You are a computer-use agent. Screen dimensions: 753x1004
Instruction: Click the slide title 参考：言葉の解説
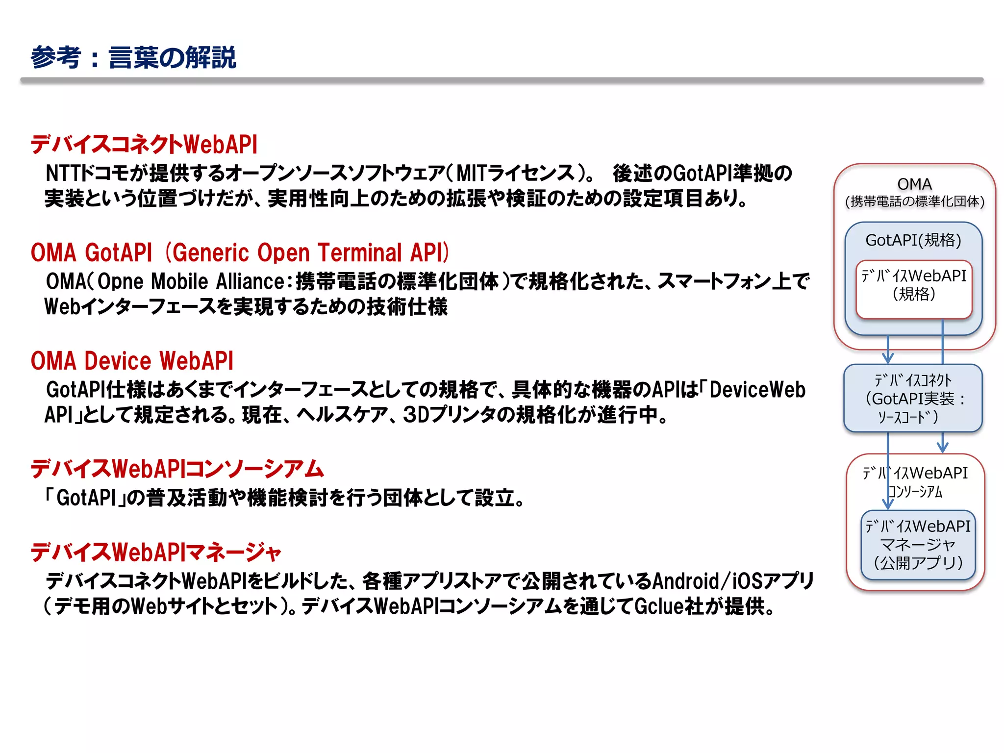[x=133, y=58]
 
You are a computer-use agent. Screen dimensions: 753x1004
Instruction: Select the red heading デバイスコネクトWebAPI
[x=144, y=145]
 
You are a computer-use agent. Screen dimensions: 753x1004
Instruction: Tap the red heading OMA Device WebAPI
[x=132, y=361]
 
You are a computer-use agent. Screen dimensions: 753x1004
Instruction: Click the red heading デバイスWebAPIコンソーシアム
[x=177, y=469]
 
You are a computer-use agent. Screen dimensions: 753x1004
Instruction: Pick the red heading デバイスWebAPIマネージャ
[x=156, y=552]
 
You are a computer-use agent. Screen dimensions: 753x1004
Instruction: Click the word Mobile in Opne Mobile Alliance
[x=179, y=282]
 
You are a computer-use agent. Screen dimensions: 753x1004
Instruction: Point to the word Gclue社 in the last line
[x=670, y=607]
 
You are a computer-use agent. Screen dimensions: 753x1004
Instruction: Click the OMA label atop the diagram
[x=914, y=184]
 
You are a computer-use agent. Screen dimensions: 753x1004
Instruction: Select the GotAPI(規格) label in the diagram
[x=913, y=240]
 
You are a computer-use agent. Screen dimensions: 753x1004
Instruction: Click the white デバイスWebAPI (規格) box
[x=914, y=289]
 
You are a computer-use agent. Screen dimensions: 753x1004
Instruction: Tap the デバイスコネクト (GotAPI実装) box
[x=913, y=398]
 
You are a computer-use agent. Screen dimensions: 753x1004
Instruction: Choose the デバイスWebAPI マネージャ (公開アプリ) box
[x=918, y=545]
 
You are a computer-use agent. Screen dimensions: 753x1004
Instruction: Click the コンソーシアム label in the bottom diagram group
[x=915, y=492]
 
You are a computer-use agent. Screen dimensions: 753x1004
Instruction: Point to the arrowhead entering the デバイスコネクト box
[x=888, y=358]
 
